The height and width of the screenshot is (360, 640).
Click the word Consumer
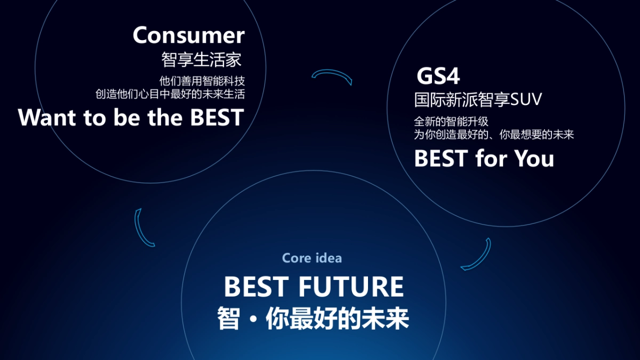pyautogui.click(x=189, y=35)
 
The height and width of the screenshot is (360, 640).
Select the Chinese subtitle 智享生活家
pyautogui.click(x=202, y=60)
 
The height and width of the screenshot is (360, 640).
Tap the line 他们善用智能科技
pyautogui.click(x=202, y=81)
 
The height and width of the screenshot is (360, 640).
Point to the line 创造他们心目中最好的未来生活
pyautogui.click(x=170, y=94)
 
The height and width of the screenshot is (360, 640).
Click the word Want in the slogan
pyautogui.click(x=47, y=117)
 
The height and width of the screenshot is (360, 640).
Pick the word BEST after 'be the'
pyautogui.click(x=217, y=117)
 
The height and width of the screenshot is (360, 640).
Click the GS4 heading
pyautogui.click(x=438, y=76)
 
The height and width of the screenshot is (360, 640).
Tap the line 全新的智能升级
pyautogui.click(x=451, y=122)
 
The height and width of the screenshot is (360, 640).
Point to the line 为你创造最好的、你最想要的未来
pyautogui.click(x=494, y=134)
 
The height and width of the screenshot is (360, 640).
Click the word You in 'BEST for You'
pyautogui.click(x=534, y=158)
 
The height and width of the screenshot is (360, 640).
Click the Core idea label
pyautogui.click(x=312, y=258)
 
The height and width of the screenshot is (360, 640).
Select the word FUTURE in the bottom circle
pyautogui.click(x=351, y=287)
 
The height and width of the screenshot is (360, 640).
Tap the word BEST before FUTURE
pyautogui.click(x=256, y=287)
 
